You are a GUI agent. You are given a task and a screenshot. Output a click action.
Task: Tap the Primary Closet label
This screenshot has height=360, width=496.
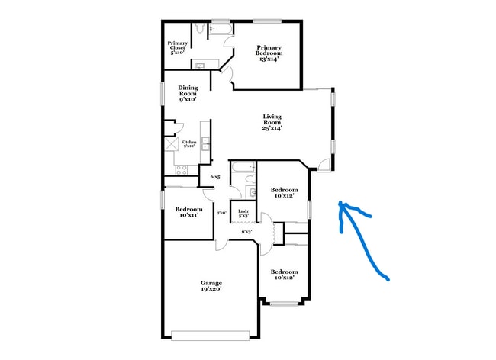pyautogui.click(x=178, y=47)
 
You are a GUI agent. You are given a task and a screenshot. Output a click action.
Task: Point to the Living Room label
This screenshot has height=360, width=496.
pyautogui.click(x=272, y=122)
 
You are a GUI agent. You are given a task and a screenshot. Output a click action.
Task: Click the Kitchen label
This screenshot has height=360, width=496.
pyautogui.click(x=188, y=143)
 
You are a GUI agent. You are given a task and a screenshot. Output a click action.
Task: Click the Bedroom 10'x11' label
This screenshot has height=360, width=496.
pyautogui.click(x=188, y=212)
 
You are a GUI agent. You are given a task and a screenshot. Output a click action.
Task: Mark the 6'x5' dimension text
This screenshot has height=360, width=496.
pyautogui.click(x=216, y=177)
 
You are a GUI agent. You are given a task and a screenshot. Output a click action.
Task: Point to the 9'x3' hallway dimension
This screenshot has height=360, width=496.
pyautogui.click(x=246, y=232)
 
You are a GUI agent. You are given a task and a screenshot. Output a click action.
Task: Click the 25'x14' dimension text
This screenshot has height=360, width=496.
pyautogui.click(x=272, y=128)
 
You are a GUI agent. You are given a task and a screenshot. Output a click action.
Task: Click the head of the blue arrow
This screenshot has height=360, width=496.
pyautogui.click(x=342, y=204)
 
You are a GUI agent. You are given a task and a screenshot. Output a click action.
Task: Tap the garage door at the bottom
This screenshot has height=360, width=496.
pyautogui.click(x=211, y=335)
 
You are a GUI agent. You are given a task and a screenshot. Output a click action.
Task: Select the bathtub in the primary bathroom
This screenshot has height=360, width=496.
pyautogui.click(x=223, y=30)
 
